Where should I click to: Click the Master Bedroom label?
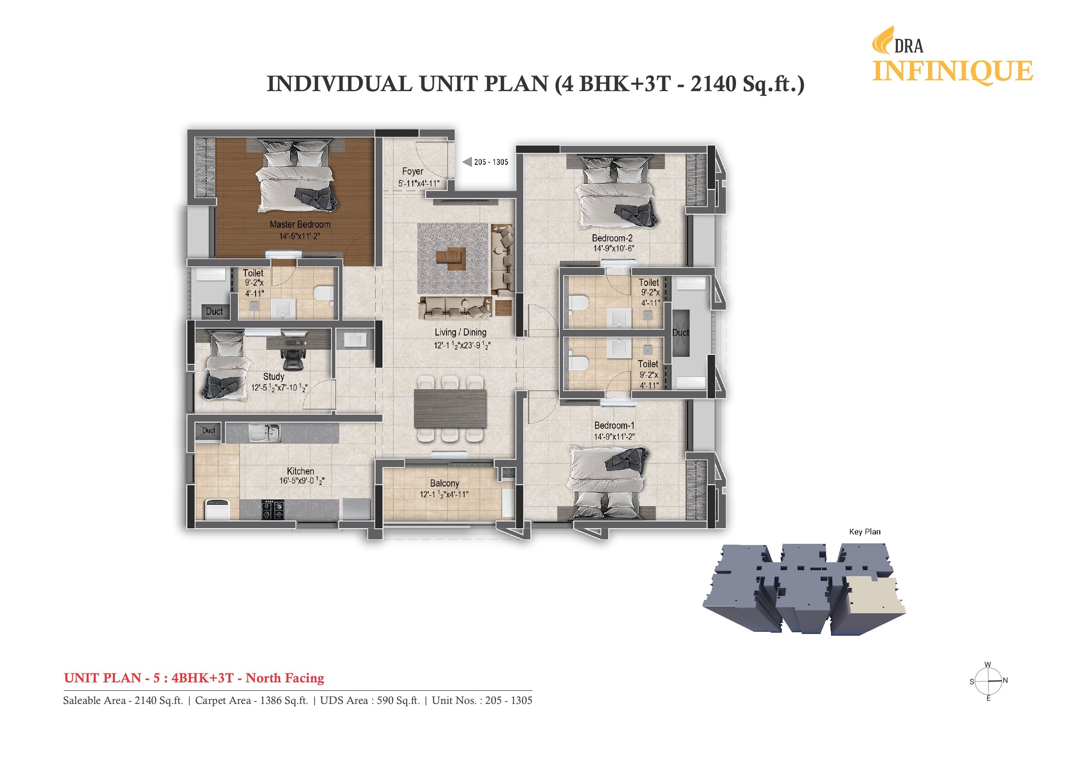click(300, 224)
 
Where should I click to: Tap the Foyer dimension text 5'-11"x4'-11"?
click(418, 184)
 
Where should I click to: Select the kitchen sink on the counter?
click(264, 433)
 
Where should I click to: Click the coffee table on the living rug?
click(451, 259)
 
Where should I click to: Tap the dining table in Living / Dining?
click(450, 409)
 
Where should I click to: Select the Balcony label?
click(444, 483)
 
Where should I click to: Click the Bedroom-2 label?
click(612, 238)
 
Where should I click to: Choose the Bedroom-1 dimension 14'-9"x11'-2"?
click(614, 437)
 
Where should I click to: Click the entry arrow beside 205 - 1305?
click(467, 162)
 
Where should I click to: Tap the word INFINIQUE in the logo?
click(953, 71)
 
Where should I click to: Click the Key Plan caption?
click(864, 532)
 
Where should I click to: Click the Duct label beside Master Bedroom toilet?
click(214, 311)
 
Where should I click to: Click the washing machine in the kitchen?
click(217, 509)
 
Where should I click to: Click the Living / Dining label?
click(461, 332)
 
